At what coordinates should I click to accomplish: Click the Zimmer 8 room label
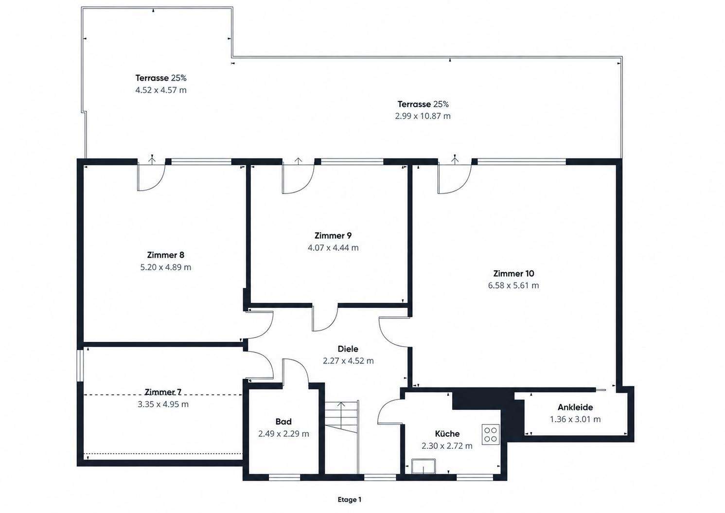165,255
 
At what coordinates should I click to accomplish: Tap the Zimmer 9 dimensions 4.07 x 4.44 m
333,248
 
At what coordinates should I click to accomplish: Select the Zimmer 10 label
513,273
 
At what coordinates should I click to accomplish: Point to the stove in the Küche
490,434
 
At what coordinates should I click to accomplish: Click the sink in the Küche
424,466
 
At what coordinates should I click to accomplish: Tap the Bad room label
283,422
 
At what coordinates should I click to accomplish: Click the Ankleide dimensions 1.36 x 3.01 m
575,420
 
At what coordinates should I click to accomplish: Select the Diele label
348,349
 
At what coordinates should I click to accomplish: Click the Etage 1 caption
349,500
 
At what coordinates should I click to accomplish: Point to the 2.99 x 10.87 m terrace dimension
423,116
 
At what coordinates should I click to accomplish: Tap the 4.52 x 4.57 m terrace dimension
161,90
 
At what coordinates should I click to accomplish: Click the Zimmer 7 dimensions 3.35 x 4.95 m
163,404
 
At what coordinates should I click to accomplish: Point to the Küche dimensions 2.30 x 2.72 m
447,446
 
